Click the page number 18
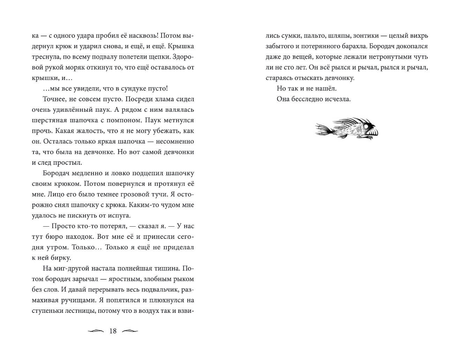coord(113,331)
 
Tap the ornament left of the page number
coord(96,331)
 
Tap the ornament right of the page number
coord(130,331)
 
